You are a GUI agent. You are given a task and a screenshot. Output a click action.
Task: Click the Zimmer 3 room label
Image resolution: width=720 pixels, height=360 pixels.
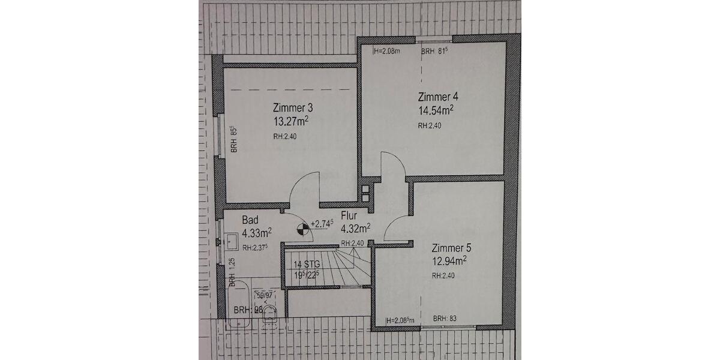[293, 109]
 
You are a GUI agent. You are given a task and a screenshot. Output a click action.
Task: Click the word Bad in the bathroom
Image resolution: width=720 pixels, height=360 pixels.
[250, 220]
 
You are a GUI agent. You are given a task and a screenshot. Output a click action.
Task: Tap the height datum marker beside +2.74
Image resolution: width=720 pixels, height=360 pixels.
[304, 229]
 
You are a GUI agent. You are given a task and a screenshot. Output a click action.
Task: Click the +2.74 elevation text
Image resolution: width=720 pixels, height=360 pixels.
[322, 224]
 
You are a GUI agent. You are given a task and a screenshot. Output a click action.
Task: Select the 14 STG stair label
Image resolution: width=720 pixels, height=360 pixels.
[307, 264]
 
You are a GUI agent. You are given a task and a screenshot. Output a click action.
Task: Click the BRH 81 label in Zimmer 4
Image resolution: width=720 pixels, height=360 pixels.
[435, 52]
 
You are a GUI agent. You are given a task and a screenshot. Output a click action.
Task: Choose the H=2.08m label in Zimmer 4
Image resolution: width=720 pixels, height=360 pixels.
[386, 52]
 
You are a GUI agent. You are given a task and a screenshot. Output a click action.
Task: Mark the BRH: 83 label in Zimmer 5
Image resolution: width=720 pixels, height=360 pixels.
[445, 319]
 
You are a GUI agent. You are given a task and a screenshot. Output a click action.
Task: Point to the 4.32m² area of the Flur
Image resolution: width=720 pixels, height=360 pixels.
[355, 228]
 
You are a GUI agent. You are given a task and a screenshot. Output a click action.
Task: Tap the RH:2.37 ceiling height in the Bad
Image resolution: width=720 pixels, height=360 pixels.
[255, 247]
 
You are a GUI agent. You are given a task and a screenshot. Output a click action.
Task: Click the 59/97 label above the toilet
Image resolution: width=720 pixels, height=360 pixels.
[264, 295]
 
